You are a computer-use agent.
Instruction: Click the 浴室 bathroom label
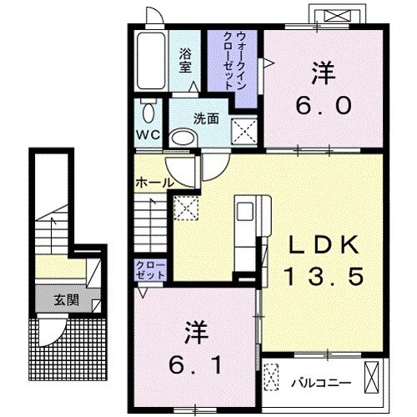pyautogui.click(x=185, y=61)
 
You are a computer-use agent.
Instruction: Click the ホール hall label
pyautogui.click(x=153, y=183)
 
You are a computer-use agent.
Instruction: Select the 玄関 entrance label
pyautogui.click(x=68, y=298)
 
